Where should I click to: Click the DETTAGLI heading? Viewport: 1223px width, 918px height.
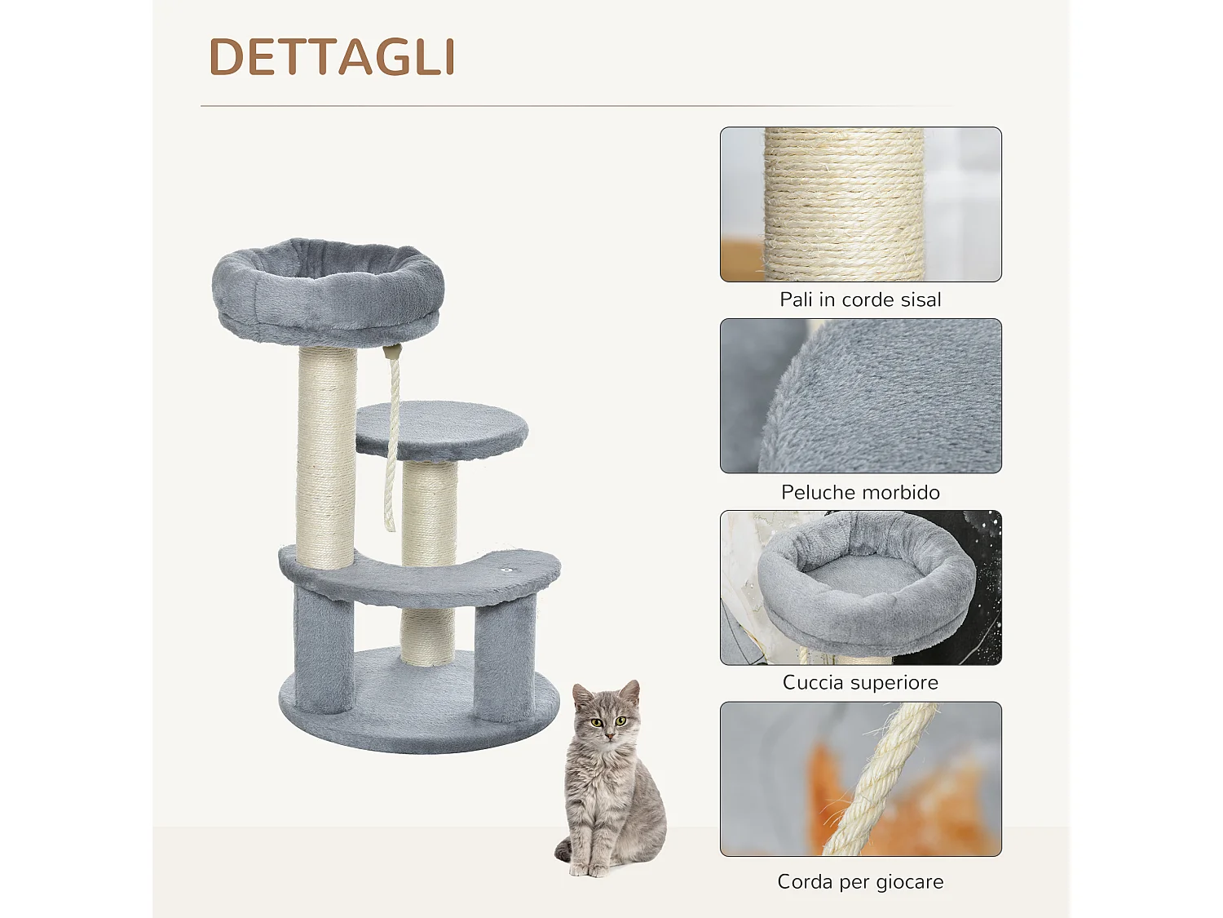pos(331,57)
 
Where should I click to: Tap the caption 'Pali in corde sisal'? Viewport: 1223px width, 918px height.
pos(860,300)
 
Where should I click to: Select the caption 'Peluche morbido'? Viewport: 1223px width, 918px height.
pos(860,492)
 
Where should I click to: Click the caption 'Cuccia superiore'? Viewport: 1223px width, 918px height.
pos(860,683)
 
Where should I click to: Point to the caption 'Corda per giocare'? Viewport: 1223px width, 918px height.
pos(860,882)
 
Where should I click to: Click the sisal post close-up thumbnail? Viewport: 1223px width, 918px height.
pos(860,204)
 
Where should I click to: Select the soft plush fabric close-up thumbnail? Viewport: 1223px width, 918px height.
pos(860,396)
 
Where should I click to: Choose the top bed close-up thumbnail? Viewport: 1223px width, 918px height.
pos(860,588)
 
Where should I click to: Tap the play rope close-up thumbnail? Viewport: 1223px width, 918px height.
pos(860,779)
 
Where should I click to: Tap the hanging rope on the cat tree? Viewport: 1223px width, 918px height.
pos(393,441)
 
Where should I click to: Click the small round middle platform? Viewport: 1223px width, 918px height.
pos(442,426)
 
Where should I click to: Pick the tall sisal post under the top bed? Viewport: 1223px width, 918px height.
pos(326,457)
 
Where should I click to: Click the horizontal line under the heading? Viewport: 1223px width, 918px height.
pos(571,106)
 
